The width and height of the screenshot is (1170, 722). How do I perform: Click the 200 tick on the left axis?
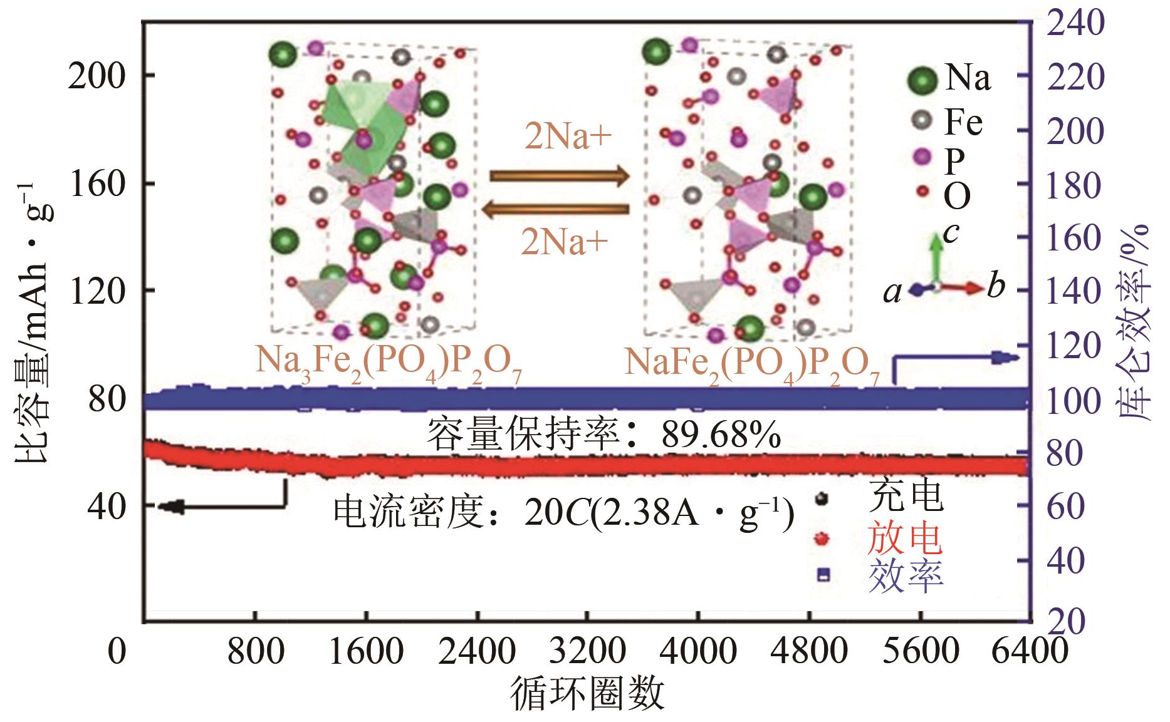click(97, 76)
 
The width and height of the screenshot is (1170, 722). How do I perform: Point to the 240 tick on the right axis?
click(1073, 23)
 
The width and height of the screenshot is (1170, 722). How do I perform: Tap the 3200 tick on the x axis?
click(587, 652)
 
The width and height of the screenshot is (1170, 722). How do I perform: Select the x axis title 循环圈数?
click(587, 694)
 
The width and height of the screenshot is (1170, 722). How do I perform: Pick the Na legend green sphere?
click(923, 80)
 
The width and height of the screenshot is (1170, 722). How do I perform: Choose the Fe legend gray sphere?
click(923, 120)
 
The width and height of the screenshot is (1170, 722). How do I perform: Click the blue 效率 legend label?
click(906, 576)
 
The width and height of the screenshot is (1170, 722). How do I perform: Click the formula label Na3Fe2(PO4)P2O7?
click(389, 363)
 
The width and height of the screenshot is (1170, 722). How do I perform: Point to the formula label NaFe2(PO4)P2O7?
click(752, 363)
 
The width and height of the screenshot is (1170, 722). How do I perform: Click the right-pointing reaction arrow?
click(558, 176)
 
